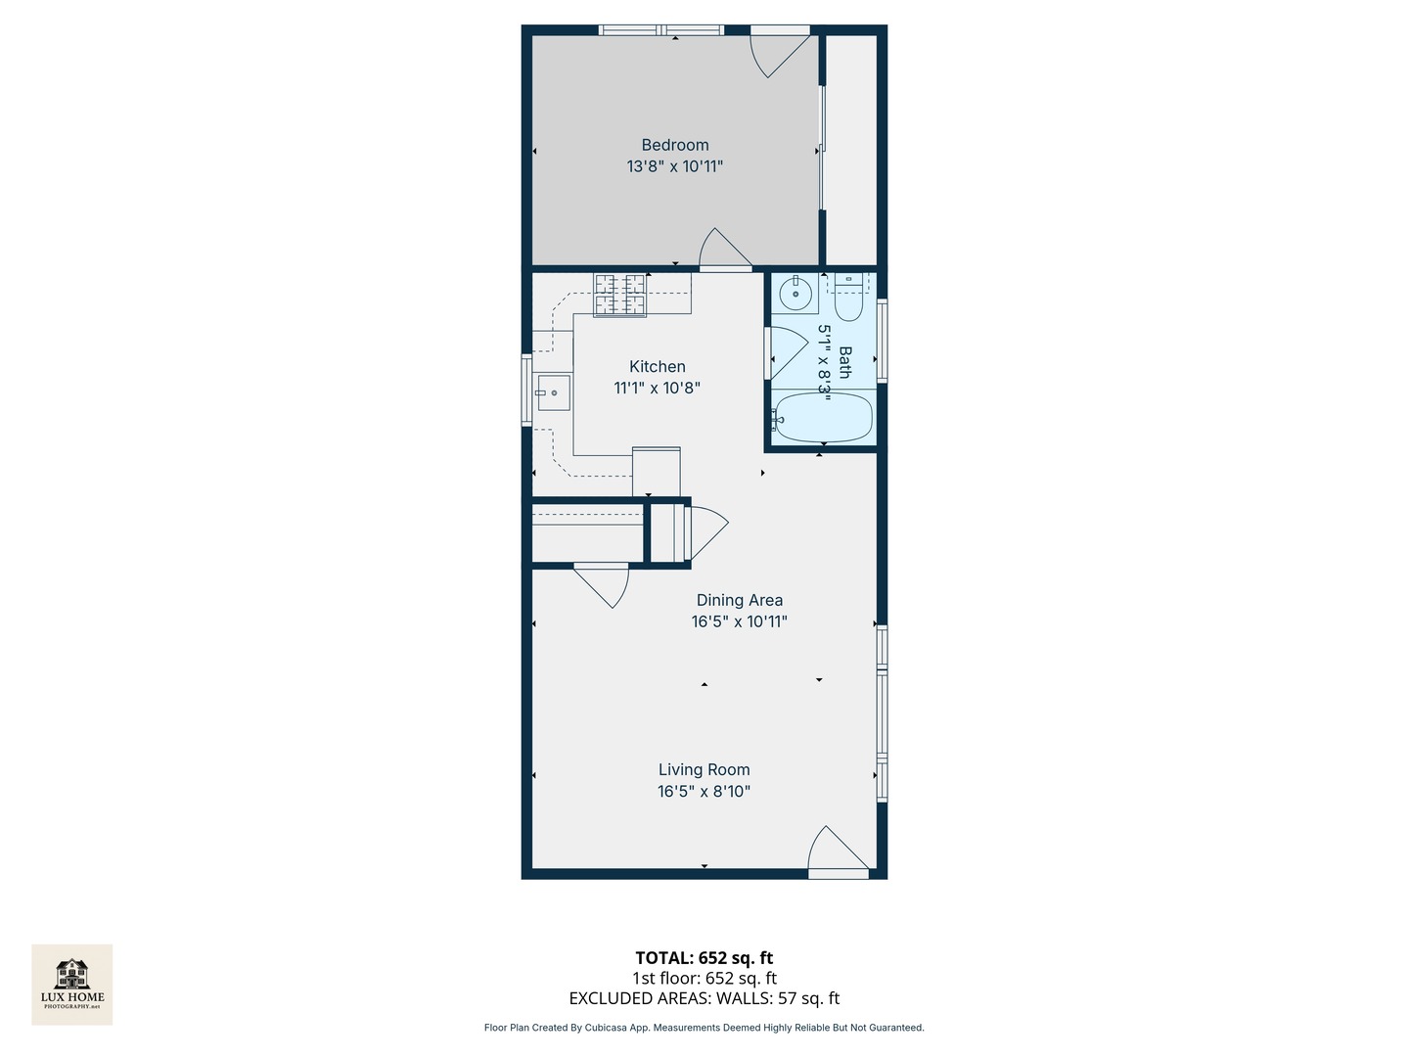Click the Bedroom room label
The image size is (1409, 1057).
675,145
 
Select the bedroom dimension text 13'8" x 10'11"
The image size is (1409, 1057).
675,166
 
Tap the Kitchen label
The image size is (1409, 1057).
657,367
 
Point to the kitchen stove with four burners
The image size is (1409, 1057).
619,296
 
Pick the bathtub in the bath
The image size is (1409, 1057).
822,418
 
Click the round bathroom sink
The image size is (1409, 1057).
795,293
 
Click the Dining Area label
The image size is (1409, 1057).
739,600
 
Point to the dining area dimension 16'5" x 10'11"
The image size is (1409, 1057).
739,621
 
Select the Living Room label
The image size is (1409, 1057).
704,770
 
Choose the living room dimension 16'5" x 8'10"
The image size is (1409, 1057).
704,792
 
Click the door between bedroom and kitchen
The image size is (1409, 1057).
725,252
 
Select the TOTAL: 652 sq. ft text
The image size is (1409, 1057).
704,958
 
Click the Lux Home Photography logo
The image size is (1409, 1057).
72,985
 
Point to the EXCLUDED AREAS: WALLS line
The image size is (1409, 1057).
704,998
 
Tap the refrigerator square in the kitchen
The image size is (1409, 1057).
656,472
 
